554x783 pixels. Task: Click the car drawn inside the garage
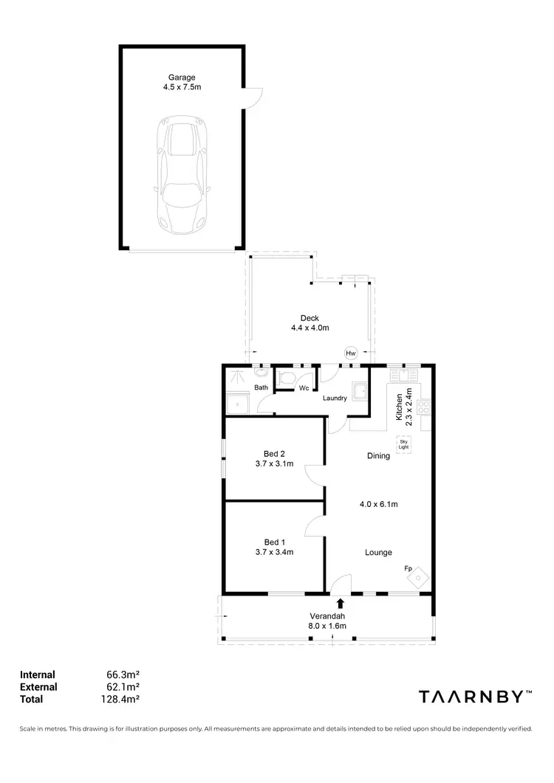pos(182,176)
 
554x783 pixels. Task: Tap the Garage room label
pos(182,76)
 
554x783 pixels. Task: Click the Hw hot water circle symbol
pos(351,353)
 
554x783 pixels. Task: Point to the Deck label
pos(309,318)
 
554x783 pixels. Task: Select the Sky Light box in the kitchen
pos(403,444)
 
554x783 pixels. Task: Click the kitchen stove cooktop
pos(424,405)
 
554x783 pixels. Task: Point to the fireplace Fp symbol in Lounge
pos(419,576)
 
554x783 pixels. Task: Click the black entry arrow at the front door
pos(340,604)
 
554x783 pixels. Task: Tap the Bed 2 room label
pos(274,454)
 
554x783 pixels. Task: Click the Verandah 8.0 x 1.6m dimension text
pos(326,627)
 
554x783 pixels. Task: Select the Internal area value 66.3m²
pos(124,675)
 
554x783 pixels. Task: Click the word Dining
pos(378,456)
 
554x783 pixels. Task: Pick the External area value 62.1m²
pos(124,687)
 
